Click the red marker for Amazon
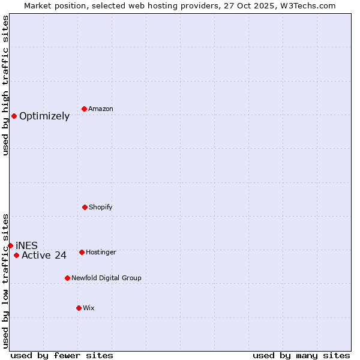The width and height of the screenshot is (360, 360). click(84, 109)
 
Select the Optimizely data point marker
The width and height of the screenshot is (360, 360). click(14, 116)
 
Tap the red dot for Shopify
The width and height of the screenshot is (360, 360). click(85, 207)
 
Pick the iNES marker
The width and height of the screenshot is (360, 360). click(10, 245)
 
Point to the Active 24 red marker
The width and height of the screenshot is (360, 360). click(16, 255)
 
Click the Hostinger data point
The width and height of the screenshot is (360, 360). click(82, 252)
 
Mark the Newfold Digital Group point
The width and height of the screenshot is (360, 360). click(67, 278)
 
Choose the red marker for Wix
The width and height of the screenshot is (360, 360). click(79, 308)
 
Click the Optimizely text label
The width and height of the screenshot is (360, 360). click(44, 116)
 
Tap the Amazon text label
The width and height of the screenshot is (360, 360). click(101, 109)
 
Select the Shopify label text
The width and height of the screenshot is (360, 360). click(101, 208)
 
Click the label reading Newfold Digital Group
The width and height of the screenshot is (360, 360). click(106, 278)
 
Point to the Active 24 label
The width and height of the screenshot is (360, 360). click(44, 256)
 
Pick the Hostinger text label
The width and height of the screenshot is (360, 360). click(101, 253)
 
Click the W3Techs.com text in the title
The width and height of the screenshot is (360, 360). click(307, 5)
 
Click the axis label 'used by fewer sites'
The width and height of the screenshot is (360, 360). click(62, 355)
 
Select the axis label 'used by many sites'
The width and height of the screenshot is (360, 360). click(301, 355)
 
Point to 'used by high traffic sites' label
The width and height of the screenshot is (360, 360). click(5, 85)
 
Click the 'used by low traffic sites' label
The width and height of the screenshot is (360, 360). click(5, 281)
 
